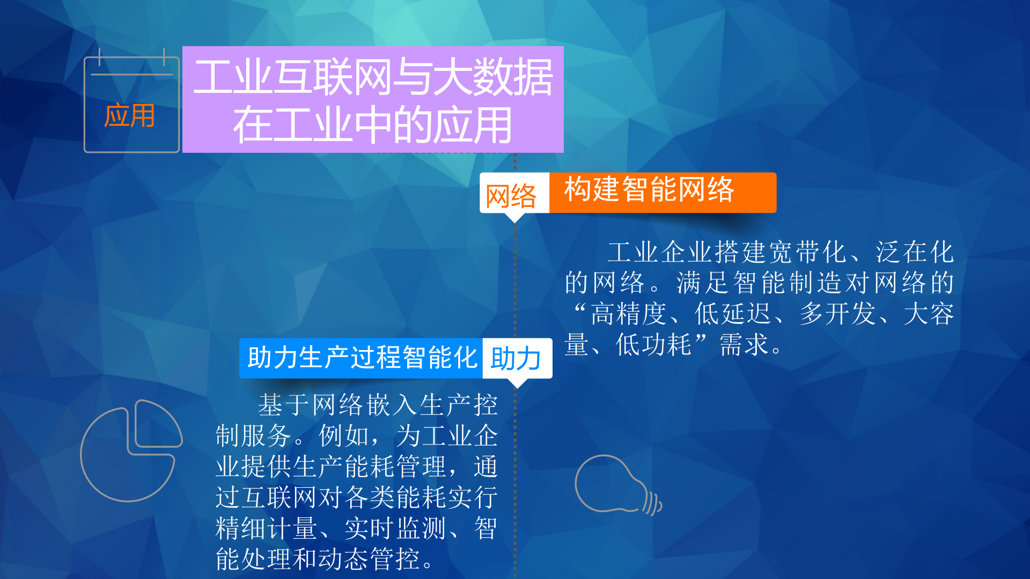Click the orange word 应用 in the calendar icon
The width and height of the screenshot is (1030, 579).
[x=129, y=116]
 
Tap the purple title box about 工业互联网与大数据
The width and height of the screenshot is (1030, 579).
[x=373, y=100]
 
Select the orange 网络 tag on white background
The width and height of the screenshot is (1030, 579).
[x=511, y=195]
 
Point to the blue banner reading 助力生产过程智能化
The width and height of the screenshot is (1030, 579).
[x=361, y=358]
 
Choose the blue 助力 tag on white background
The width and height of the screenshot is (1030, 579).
[x=516, y=358]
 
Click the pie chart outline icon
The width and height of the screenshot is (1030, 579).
[x=130, y=450]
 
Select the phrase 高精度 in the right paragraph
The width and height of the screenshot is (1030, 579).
[x=628, y=314]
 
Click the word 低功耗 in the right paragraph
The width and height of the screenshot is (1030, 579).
[x=653, y=345]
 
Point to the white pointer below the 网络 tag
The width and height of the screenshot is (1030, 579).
[x=514, y=218]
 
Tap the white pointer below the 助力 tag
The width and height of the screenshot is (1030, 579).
[x=518, y=383]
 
